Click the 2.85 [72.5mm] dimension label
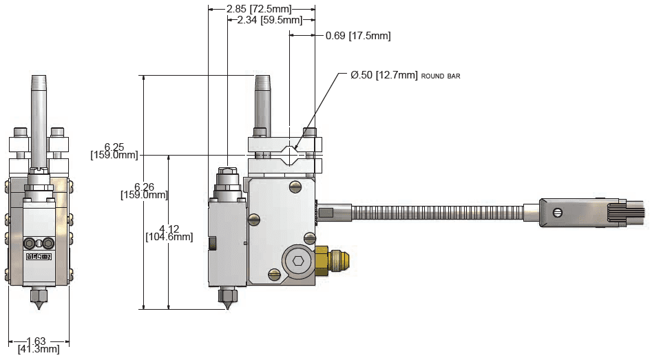(259, 9)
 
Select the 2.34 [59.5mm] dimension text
(269, 20)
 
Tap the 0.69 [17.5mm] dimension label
(358, 36)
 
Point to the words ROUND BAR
(441, 76)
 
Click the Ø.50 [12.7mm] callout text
(384, 75)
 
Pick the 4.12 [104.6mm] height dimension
(169, 233)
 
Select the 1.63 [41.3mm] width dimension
(39, 345)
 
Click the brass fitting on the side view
(332, 261)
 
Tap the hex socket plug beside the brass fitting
(298, 261)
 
